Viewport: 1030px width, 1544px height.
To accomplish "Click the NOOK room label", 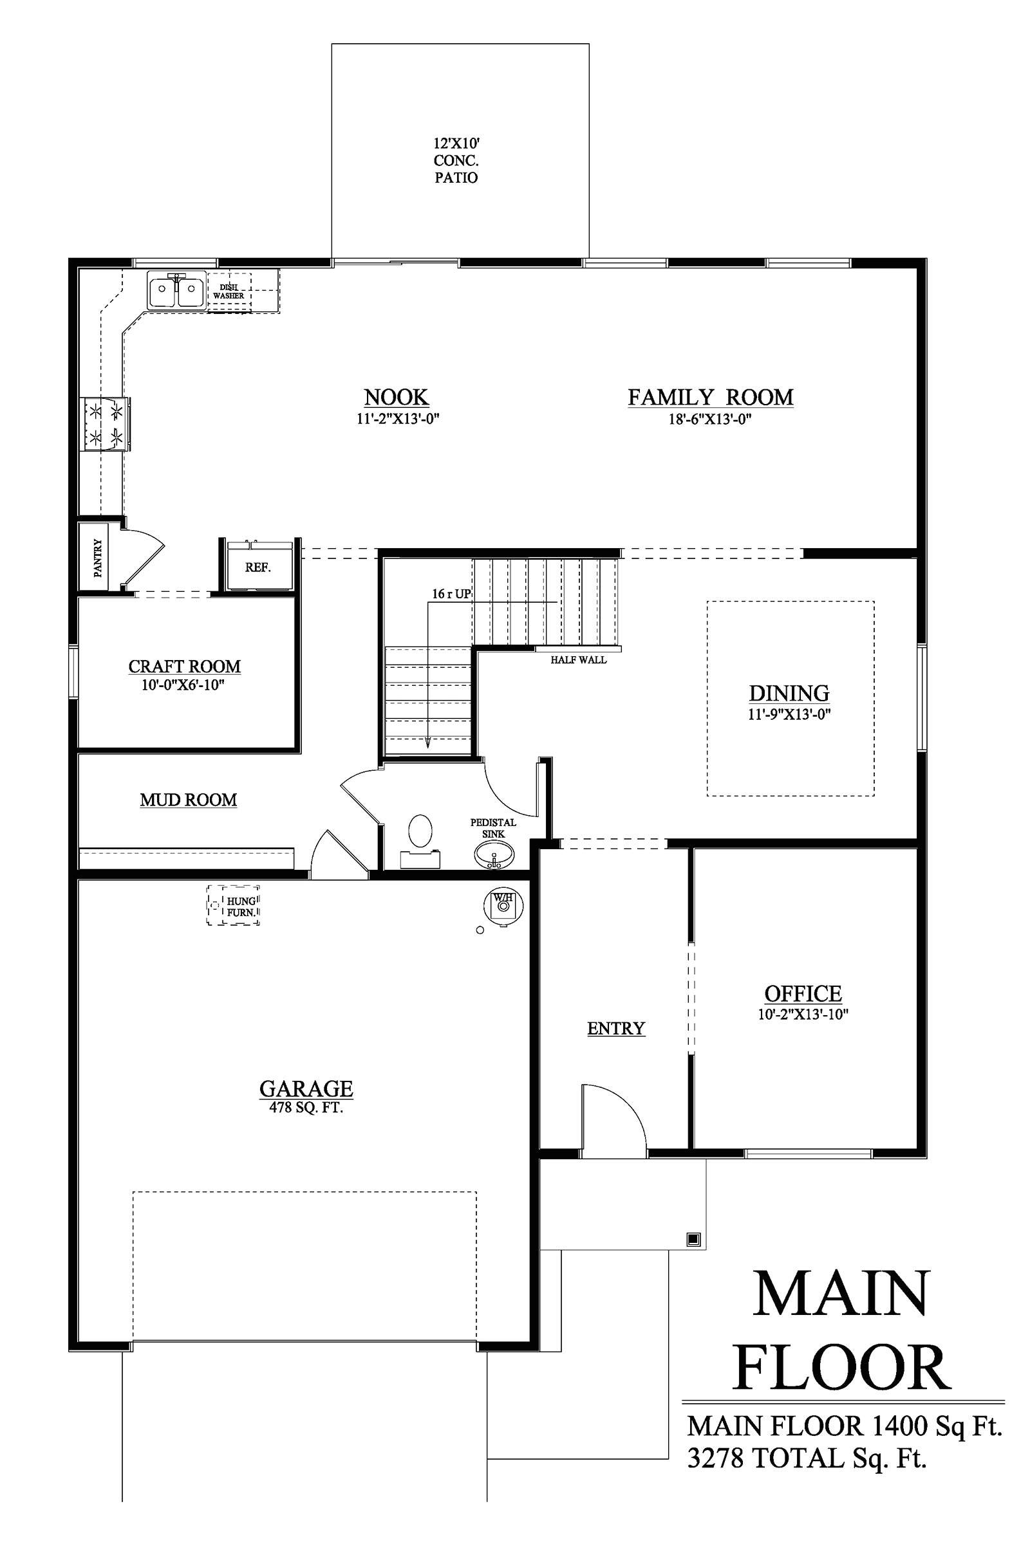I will click(396, 397).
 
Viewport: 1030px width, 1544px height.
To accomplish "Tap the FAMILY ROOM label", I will click(710, 397).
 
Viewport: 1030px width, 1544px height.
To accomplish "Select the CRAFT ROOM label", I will click(185, 666).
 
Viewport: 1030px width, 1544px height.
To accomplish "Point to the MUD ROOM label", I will click(189, 800).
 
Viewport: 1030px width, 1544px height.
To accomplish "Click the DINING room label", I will click(789, 694).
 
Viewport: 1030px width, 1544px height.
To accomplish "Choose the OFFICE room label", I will click(803, 993).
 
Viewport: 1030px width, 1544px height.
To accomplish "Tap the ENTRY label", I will click(616, 1028).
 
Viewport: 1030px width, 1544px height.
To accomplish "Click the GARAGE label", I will click(306, 1089).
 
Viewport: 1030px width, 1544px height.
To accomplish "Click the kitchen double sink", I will click(175, 291).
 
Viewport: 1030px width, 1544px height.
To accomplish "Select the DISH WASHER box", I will click(229, 293).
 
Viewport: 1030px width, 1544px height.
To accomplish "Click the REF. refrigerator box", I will click(258, 567).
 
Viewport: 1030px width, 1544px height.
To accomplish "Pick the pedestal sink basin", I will click(494, 856).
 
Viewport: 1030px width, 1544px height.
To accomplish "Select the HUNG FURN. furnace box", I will click(234, 906).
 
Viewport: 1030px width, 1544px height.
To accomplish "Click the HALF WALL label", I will click(578, 660).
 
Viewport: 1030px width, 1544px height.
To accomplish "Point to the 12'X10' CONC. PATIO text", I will click(456, 160).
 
